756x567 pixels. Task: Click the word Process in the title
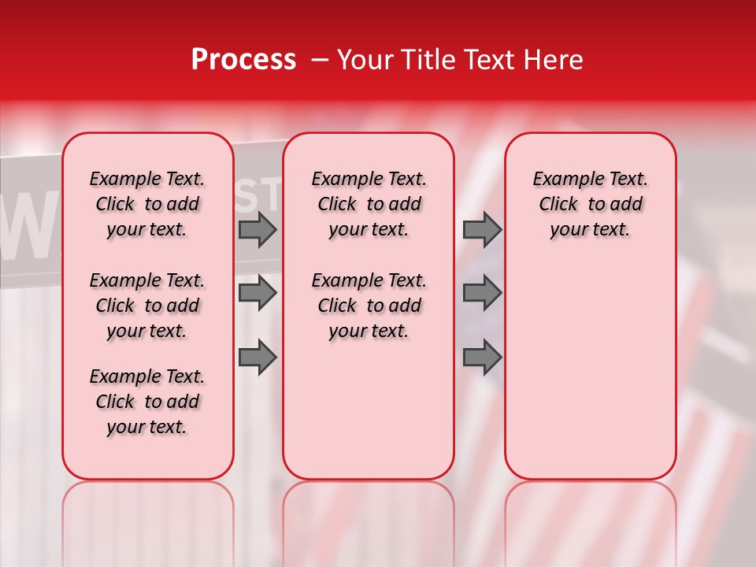tap(243, 60)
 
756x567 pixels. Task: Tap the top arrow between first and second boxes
tap(258, 230)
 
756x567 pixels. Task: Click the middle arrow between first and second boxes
tap(258, 293)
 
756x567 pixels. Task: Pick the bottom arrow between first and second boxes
tap(258, 358)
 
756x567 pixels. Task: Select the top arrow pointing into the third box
tap(482, 230)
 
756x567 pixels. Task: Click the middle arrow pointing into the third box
tap(482, 293)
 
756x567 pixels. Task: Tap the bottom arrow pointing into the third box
tap(482, 358)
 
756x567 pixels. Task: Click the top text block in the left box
tap(147, 204)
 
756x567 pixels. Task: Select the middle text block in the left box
tap(147, 306)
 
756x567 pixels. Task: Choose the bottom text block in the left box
tap(147, 402)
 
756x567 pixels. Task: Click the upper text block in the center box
tap(369, 204)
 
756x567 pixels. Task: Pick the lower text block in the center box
tap(369, 306)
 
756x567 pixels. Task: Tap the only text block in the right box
tap(590, 204)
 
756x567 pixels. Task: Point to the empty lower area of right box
tap(590, 370)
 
